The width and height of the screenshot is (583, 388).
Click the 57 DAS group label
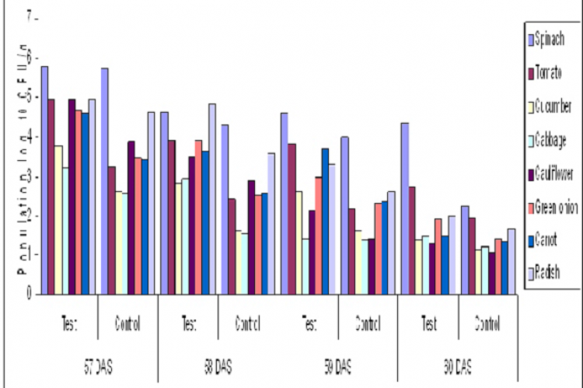point(98,363)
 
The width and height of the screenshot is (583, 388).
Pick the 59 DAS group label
point(337,363)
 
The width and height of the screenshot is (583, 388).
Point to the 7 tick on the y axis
point(31,17)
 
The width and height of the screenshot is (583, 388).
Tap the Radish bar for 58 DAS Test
point(212,199)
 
